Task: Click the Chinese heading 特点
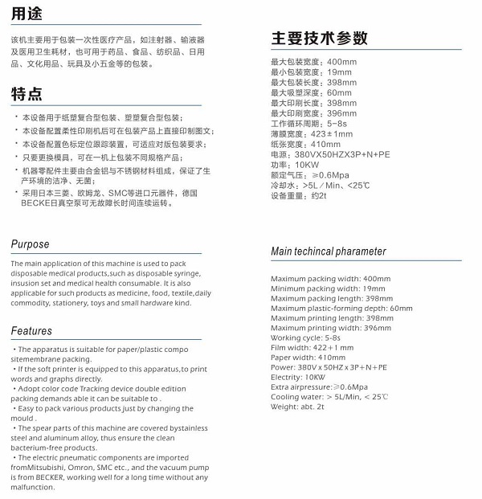pyautogui.click(x=27, y=94)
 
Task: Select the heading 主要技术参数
pyautogui.click(x=319, y=38)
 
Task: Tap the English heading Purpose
pyautogui.click(x=31, y=244)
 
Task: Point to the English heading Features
pyautogui.click(x=32, y=330)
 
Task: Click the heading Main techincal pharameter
pyautogui.click(x=329, y=252)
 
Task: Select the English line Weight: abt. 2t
pyautogui.click(x=297, y=407)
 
